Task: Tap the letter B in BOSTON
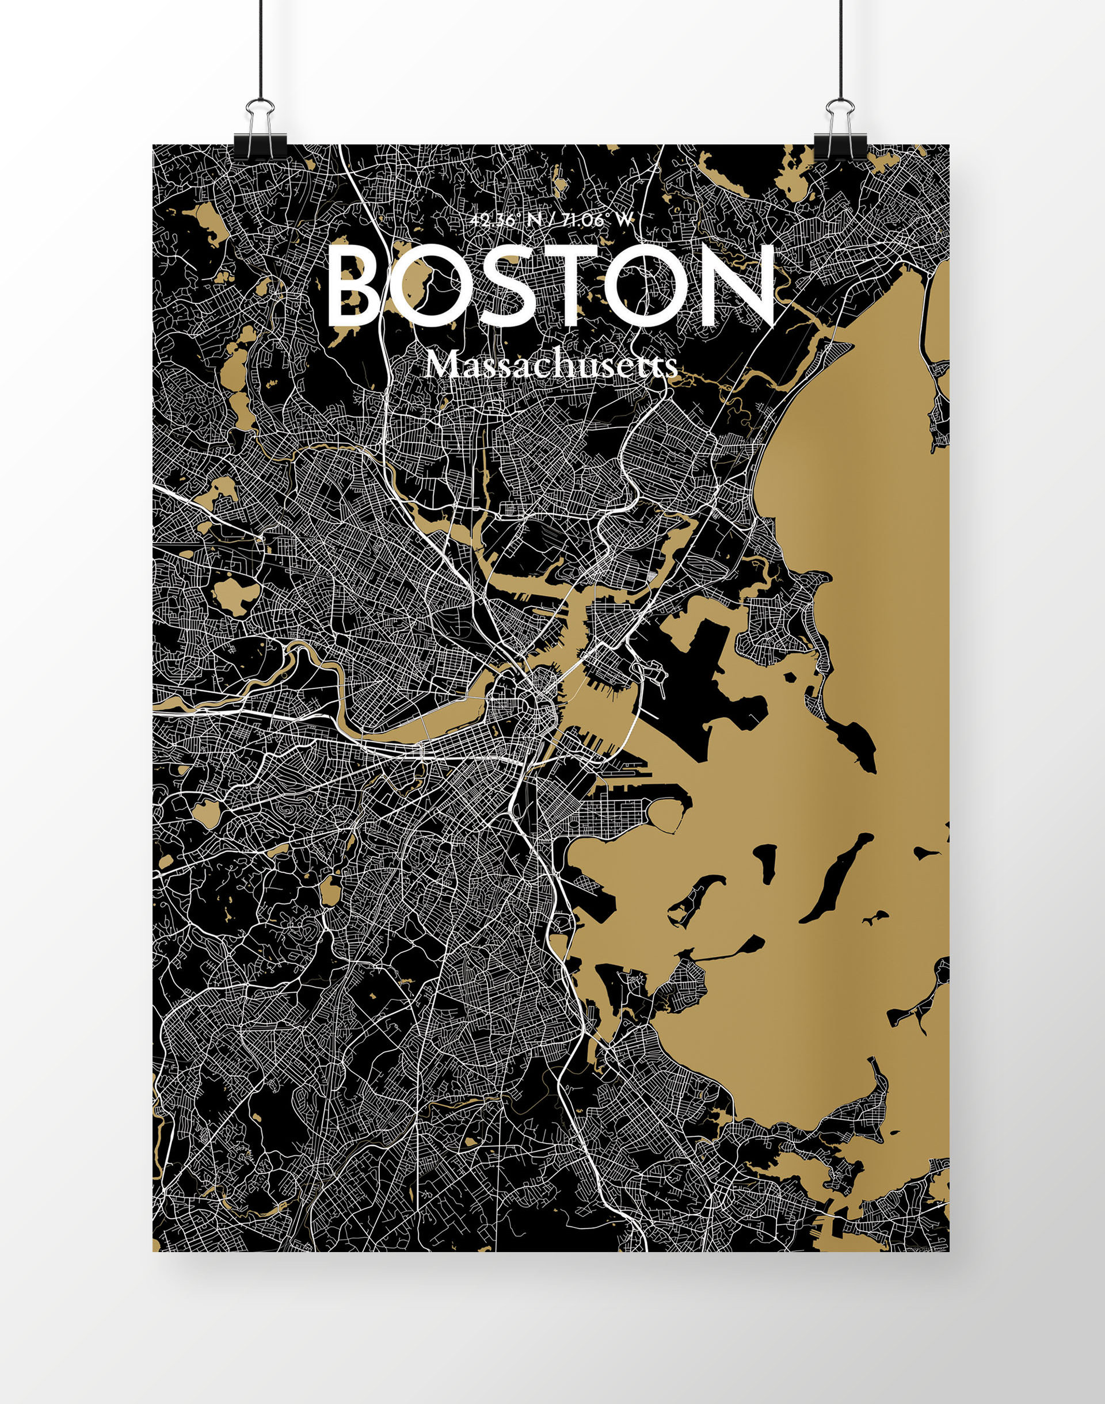coord(355,287)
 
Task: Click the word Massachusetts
coord(552,367)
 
